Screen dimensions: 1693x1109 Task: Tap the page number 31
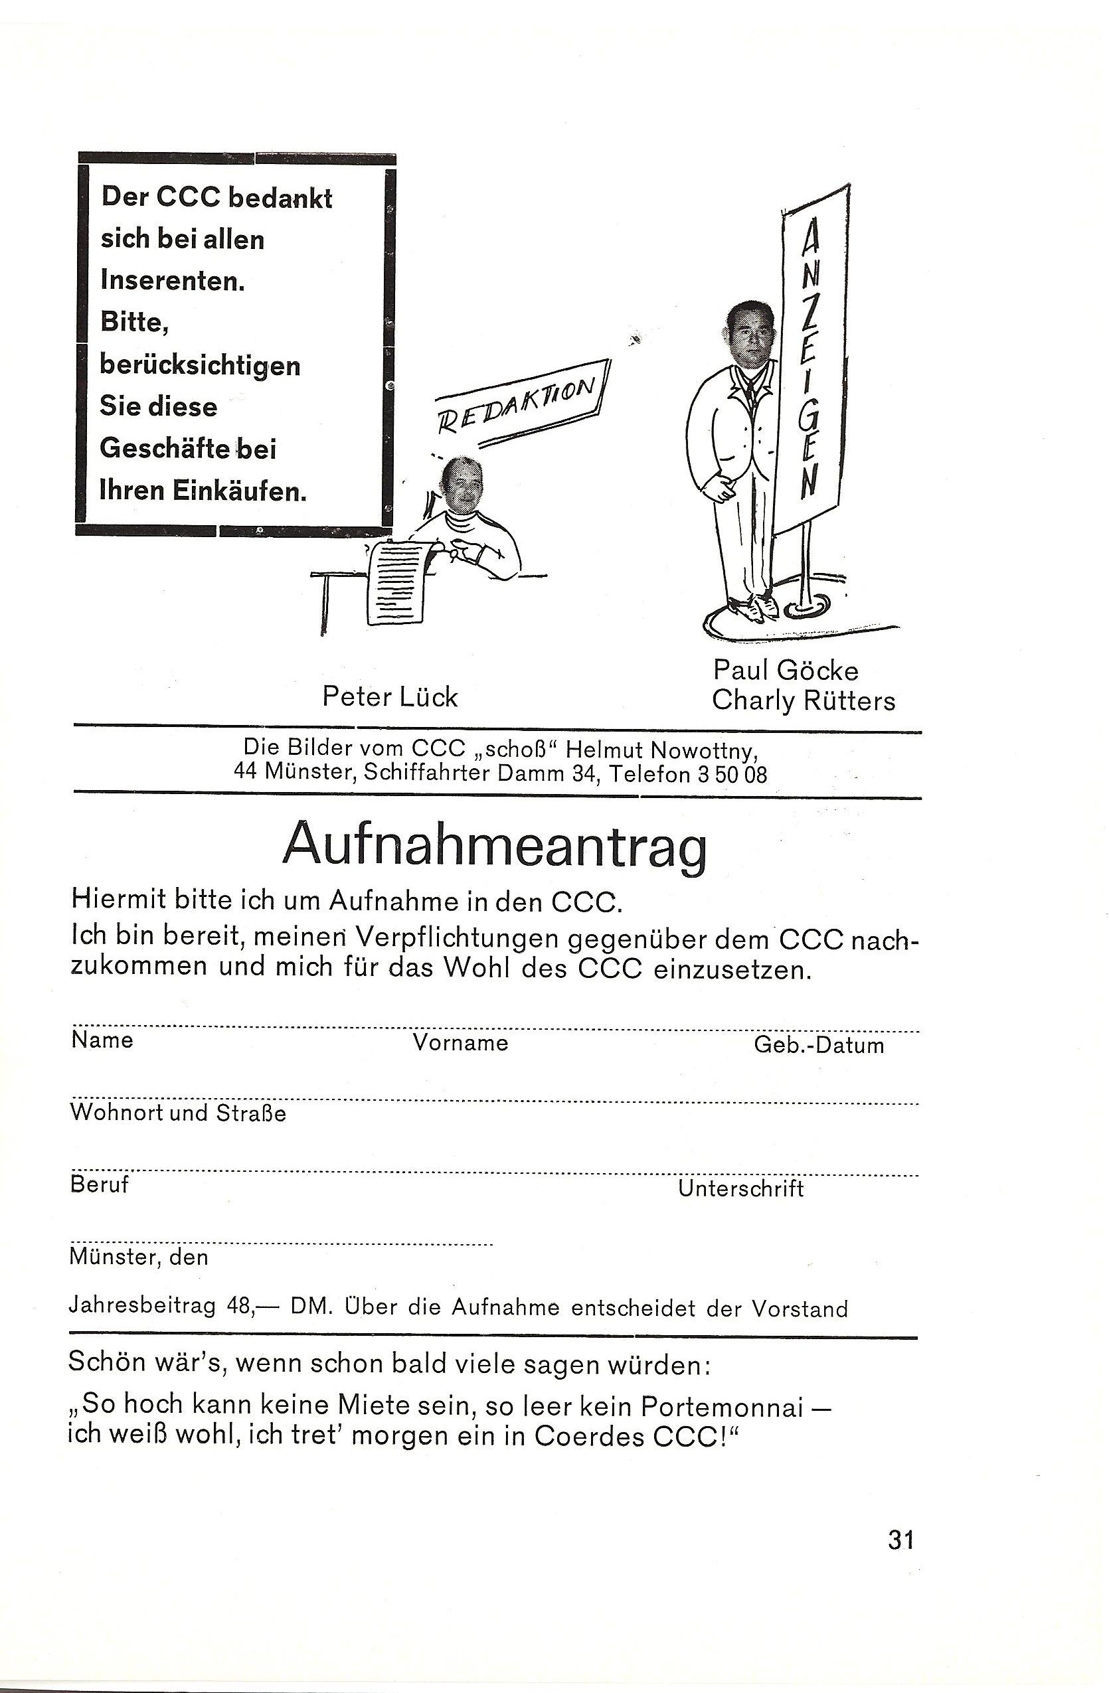pyautogui.click(x=900, y=1540)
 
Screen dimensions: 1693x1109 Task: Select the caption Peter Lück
pyautogui.click(x=390, y=697)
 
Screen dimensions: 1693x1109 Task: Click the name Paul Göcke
pyautogui.click(x=786, y=670)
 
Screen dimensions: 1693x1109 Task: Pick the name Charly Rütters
pyautogui.click(x=803, y=700)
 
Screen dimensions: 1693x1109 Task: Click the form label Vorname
pyautogui.click(x=460, y=1043)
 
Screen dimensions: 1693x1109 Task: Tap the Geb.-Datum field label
pyautogui.click(x=819, y=1045)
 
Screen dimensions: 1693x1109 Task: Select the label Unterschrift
pyautogui.click(x=740, y=1188)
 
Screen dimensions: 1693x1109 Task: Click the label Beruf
pyautogui.click(x=99, y=1184)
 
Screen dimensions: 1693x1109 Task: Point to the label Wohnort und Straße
pyautogui.click(x=178, y=1113)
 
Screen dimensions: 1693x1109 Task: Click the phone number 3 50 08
pyautogui.click(x=732, y=774)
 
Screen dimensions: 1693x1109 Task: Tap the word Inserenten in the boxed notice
pyautogui.click(x=173, y=281)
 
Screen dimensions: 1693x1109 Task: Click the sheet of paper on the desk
pyautogui.click(x=397, y=580)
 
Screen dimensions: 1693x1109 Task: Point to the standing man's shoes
pyautogui.click(x=752, y=607)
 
